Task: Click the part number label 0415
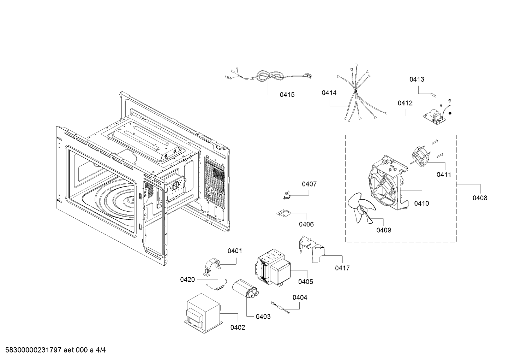(x=287, y=95)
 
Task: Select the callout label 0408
(x=480, y=198)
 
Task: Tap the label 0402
(x=238, y=327)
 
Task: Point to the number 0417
(x=342, y=268)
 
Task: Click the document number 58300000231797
(x=33, y=350)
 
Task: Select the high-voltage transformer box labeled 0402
(x=203, y=313)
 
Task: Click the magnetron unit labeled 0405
(x=272, y=267)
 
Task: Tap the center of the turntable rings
(x=132, y=200)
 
